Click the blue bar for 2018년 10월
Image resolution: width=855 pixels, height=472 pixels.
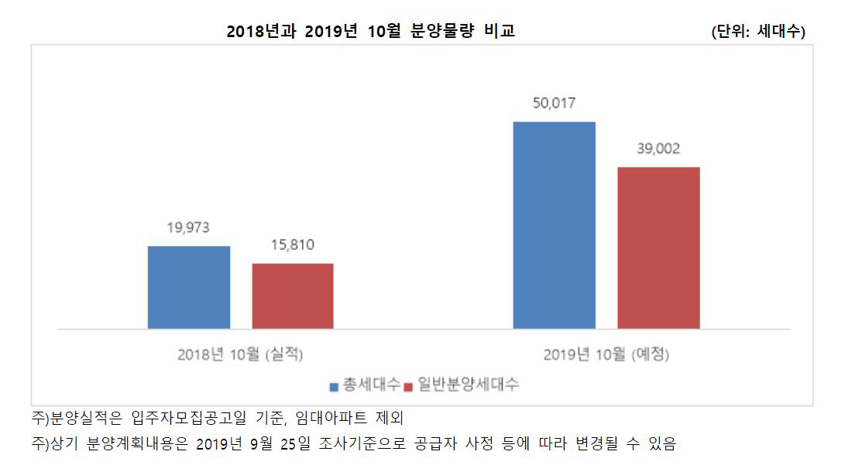click(x=189, y=287)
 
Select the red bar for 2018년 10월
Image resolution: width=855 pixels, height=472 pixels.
click(x=293, y=296)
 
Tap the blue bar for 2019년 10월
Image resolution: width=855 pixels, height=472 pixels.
click(x=555, y=225)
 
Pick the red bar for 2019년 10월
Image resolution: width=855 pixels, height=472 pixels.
click(x=658, y=248)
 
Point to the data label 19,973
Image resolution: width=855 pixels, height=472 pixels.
click(x=188, y=227)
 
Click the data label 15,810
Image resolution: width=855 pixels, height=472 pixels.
click(x=292, y=245)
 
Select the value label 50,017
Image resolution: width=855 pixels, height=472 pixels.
click(x=555, y=103)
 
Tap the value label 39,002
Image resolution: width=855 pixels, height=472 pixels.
click(x=658, y=149)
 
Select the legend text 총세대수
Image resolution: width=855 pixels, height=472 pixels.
click(x=371, y=385)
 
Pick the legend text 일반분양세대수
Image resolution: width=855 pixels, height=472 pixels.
click(x=468, y=385)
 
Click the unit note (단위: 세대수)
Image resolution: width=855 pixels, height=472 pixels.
click(x=758, y=32)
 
